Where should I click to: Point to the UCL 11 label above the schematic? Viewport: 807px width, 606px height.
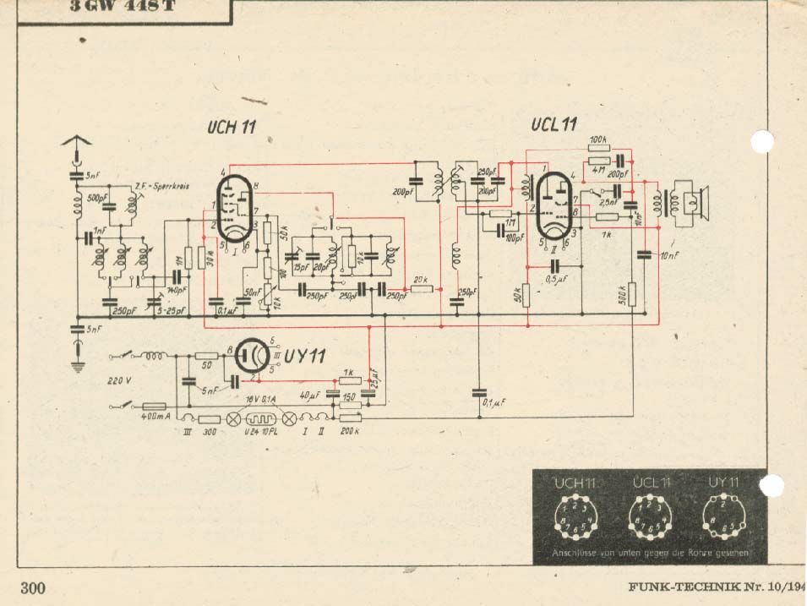point(554,125)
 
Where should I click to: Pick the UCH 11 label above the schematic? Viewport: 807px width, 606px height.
point(231,128)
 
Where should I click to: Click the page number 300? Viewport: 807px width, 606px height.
point(33,588)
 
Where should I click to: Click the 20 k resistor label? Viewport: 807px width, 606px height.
point(420,280)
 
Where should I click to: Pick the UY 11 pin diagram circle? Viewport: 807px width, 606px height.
point(723,517)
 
